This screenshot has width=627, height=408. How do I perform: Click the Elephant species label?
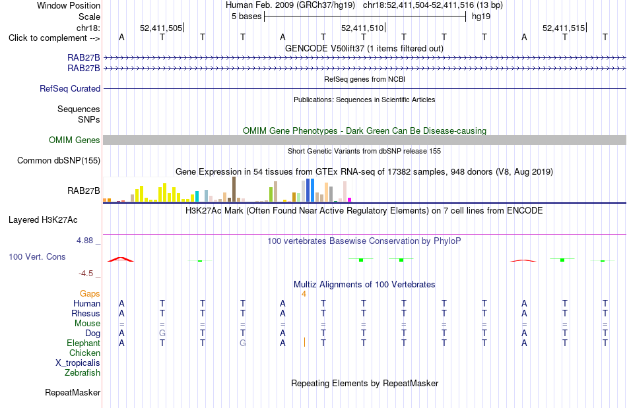pyautogui.click(x=83, y=343)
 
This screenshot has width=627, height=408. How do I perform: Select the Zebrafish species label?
pyautogui.click(x=82, y=372)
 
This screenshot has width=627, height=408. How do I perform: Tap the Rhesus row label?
pyautogui.click(x=86, y=313)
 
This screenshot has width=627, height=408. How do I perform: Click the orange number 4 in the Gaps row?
pyautogui.click(x=304, y=294)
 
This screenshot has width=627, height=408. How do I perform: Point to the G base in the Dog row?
pyautogui.click(x=162, y=333)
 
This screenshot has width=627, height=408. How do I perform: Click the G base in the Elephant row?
pyautogui.click(x=243, y=343)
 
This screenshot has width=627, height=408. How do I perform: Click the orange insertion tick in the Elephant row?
pyautogui.click(x=304, y=342)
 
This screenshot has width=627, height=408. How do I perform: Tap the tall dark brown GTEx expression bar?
pyautogui.click(x=234, y=189)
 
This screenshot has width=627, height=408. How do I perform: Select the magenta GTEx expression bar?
pyautogui.click(x=350, y=200)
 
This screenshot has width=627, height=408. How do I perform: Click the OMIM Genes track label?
pyautogui.click(x=75, y=140)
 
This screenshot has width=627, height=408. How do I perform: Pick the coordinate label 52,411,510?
pyautogui.click(x=362, y=28)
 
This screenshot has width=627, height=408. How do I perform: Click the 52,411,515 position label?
pyautogui.click(x=564, y=28)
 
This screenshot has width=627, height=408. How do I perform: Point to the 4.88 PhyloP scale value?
pyautogui.click(x=84, y=241)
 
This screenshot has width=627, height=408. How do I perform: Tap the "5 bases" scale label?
pyautogui.click(x=246, y=16)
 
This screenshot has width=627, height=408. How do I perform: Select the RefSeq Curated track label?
pyautogui.click(x=70, y=88)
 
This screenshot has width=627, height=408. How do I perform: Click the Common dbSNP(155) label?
pyautogui.click(x=59, y=160)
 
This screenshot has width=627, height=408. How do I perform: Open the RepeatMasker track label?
pyautogui.click(x=73, y=392)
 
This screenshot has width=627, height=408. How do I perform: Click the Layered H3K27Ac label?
pyautogui.click(x=43, y=220)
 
